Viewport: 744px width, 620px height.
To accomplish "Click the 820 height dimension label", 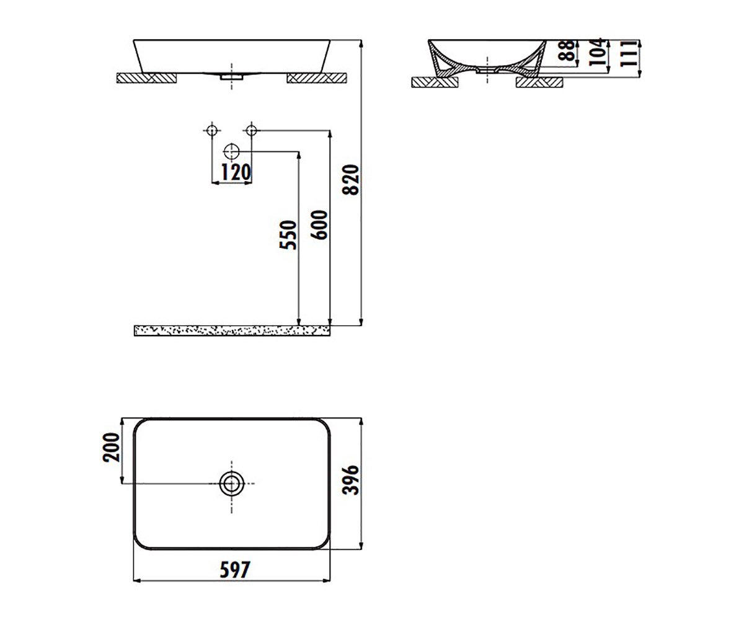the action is (351, 180).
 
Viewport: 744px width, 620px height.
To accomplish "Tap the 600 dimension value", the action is (319, 225).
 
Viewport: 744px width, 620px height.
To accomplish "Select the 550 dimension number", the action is (288, 235).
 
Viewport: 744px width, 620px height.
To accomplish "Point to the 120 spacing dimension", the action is (236, 172).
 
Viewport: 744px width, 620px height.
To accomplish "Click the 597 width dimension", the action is (235, 569).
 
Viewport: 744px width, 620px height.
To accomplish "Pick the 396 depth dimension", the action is (351, 480).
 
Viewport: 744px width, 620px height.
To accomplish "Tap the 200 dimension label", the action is (111, 447).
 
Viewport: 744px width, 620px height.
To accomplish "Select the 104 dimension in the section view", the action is (597, 52).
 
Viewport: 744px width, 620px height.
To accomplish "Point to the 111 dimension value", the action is (629, 53).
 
